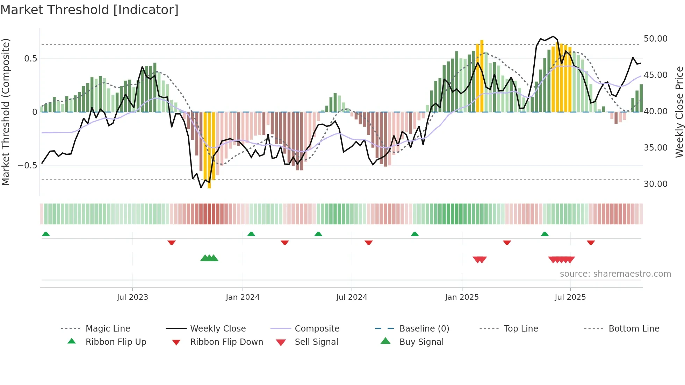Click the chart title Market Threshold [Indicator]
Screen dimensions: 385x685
pyautogui.click(x=89, y=10)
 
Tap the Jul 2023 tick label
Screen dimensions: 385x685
pyautogui.click(x=132, y=297)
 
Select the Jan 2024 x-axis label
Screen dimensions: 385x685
pyautogui.click(x=243, y=297)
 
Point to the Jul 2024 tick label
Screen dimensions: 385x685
pyautogui.click(x=352, y=297)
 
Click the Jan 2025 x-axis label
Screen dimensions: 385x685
pyautogui.click(x=462, y=297)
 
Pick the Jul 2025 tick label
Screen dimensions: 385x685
pyautogui.click(x=570, y=297)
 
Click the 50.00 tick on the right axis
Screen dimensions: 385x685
pyautogui.click(x=655, y=39)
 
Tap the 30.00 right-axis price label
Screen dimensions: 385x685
pyautogui.click(x=655, y=184)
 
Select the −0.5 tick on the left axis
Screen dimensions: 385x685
pyautogui.click(x=27, y=166)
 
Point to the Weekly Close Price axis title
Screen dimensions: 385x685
pyautogui.click(x=679, y=112)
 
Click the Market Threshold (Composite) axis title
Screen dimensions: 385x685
pyautogui.click(x=6, y=112)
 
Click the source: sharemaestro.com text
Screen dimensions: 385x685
pyautogui.click(x=615, y=274)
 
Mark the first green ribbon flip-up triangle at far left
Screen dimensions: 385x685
pyautogui.click(x=46, y=234)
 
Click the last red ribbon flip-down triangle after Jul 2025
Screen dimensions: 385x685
pyautogui.click(x=591, y=242)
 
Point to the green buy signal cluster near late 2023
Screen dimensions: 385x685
pyautogui.click(x=209, y=258)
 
